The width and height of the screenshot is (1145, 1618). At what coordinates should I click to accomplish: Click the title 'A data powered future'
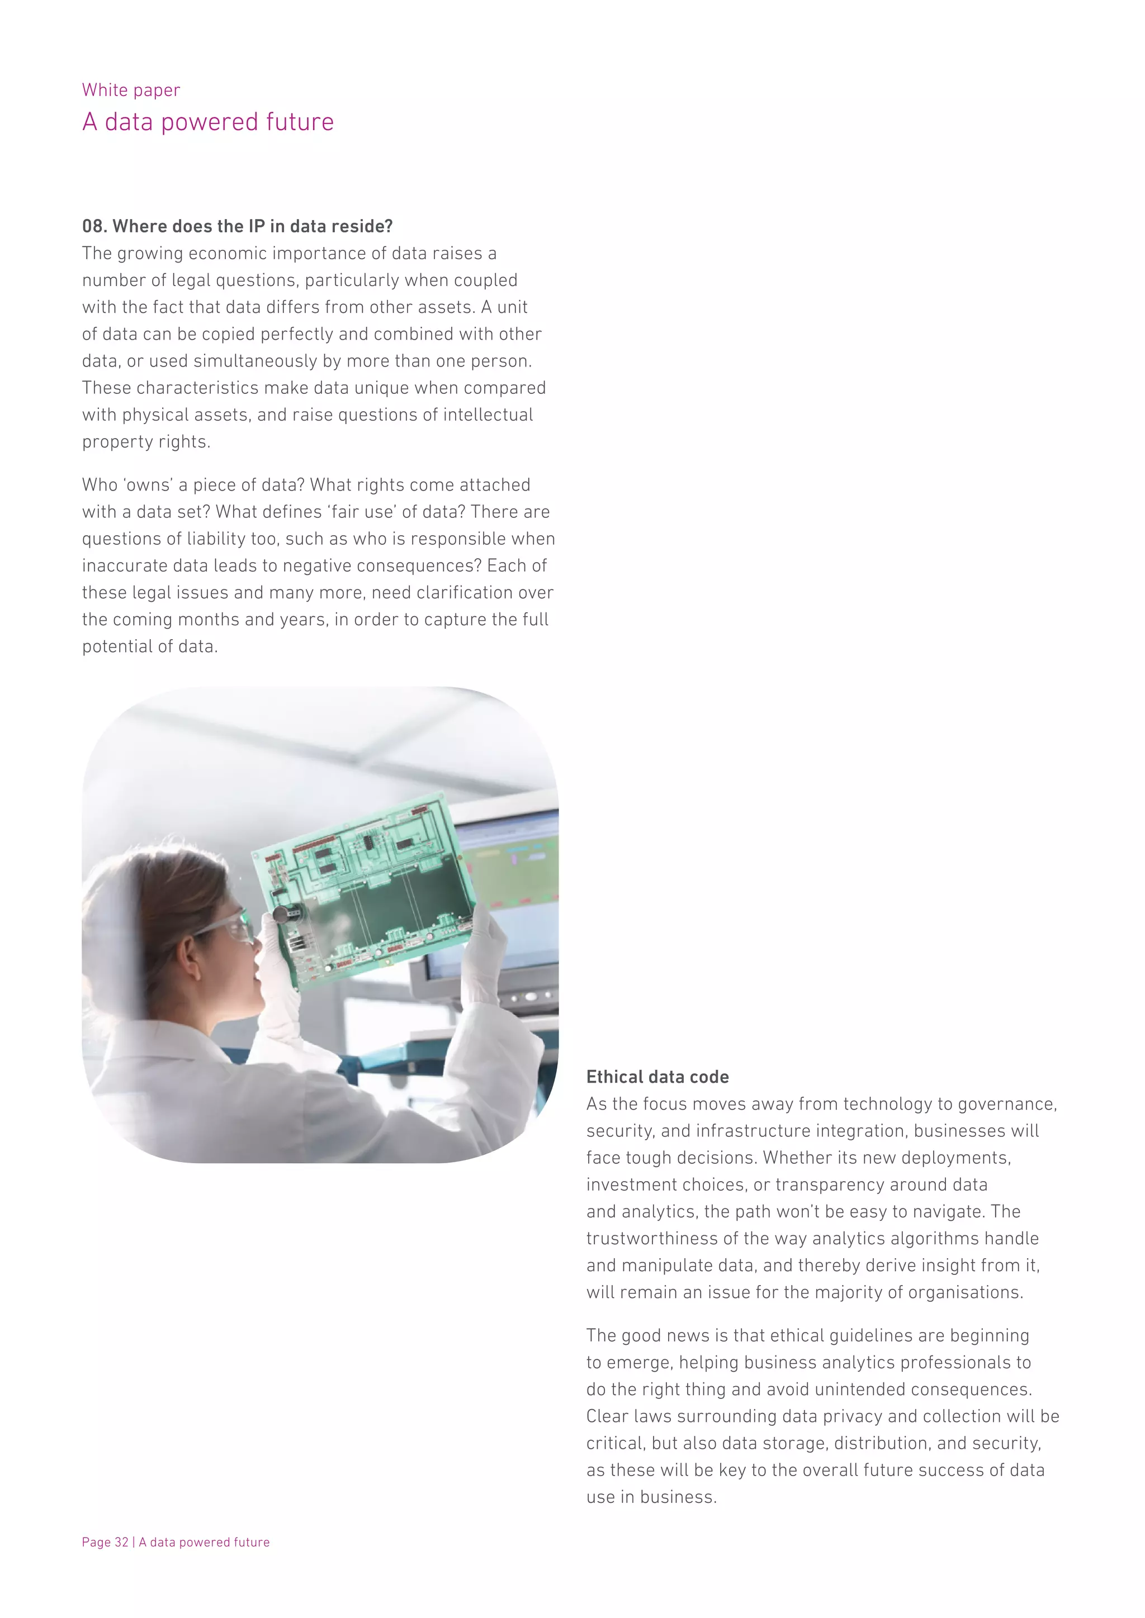[x=208, y=122]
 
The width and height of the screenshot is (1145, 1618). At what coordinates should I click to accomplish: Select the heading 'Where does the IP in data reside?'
[x=252, y=226]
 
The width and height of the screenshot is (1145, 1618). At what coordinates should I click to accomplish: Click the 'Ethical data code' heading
[x=657, y=1077]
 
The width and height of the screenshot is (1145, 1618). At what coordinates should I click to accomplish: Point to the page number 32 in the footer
[x=121, y=1542]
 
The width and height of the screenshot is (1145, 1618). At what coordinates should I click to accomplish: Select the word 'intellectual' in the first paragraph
[x=488, y=415]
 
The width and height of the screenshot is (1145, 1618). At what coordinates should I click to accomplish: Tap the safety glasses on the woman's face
[x=233, y=927]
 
